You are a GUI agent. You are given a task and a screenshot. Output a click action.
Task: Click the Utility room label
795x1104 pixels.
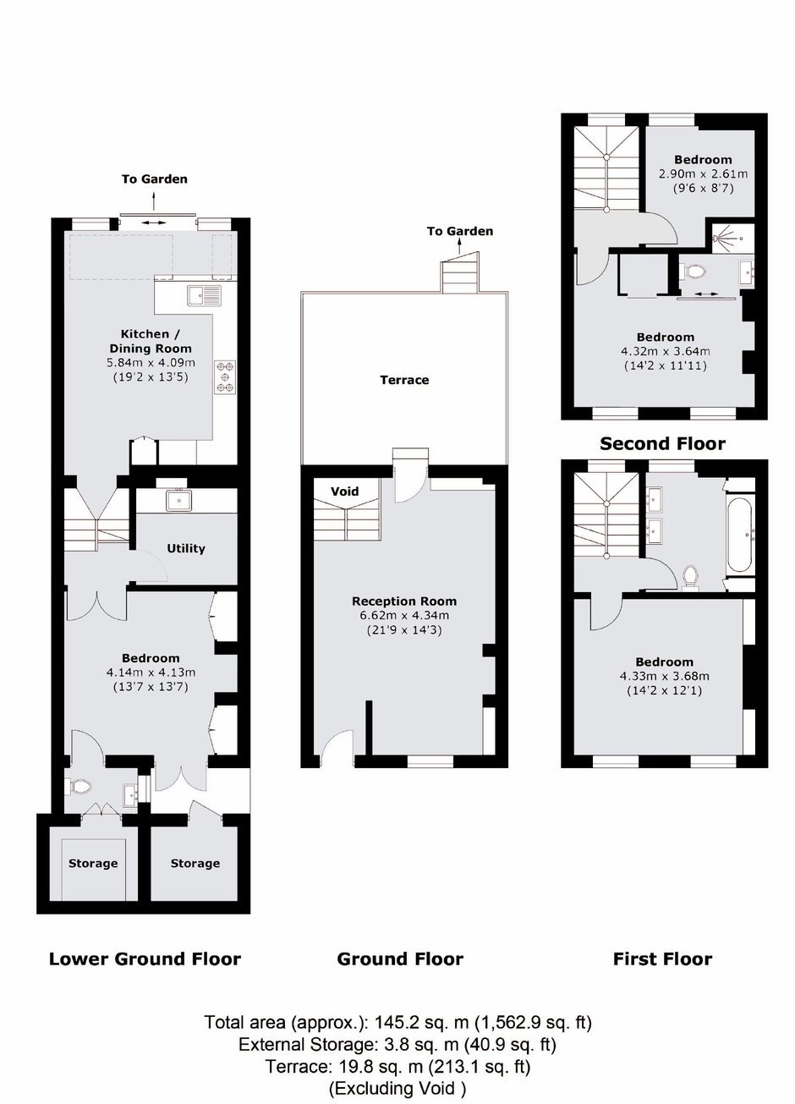tap(186, 548)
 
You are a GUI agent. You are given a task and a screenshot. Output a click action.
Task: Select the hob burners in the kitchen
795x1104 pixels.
tap(226, 377)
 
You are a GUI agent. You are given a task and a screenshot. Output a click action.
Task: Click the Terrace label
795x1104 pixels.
tap(404, 380)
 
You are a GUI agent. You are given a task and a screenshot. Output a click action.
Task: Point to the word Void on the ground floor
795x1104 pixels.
tap(344, 491)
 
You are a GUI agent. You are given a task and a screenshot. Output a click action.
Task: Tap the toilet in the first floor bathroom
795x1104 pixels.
tap(689, 577)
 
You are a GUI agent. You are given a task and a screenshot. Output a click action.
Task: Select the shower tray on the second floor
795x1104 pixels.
tap(732, 238)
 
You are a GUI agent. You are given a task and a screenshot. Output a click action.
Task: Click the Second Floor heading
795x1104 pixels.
tap(662, 444)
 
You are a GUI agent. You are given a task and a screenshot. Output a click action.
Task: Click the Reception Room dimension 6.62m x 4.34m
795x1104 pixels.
tap(404, 616)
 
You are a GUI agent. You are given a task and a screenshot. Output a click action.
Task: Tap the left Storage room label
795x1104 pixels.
tap(93, 863)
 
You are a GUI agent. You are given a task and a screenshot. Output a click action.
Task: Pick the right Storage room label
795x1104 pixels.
tap(195, 863)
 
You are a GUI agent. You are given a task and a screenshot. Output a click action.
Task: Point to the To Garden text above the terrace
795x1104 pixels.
tap(460, 231)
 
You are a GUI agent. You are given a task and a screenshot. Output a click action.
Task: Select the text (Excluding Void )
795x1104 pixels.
tap(397, 1087)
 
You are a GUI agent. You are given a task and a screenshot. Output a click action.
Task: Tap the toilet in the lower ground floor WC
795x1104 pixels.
tap(79, 787)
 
